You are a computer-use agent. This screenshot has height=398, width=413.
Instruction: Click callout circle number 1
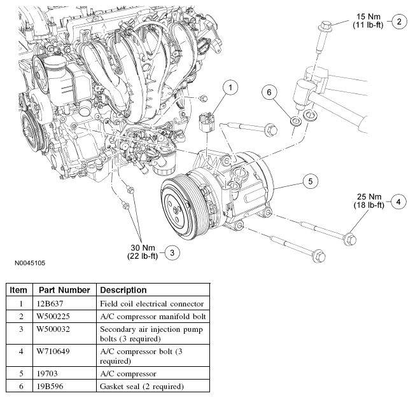(231, 86)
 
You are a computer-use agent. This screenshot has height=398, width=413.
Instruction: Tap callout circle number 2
(399, 22)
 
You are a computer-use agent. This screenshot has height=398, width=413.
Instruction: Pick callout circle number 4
(397, 202)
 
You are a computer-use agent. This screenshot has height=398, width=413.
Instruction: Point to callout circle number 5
(311, 181)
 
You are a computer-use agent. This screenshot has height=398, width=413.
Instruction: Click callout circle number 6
(269, 93)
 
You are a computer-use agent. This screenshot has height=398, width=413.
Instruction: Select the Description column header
(123, 290)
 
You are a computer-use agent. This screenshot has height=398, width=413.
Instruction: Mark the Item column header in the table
(18, 290)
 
